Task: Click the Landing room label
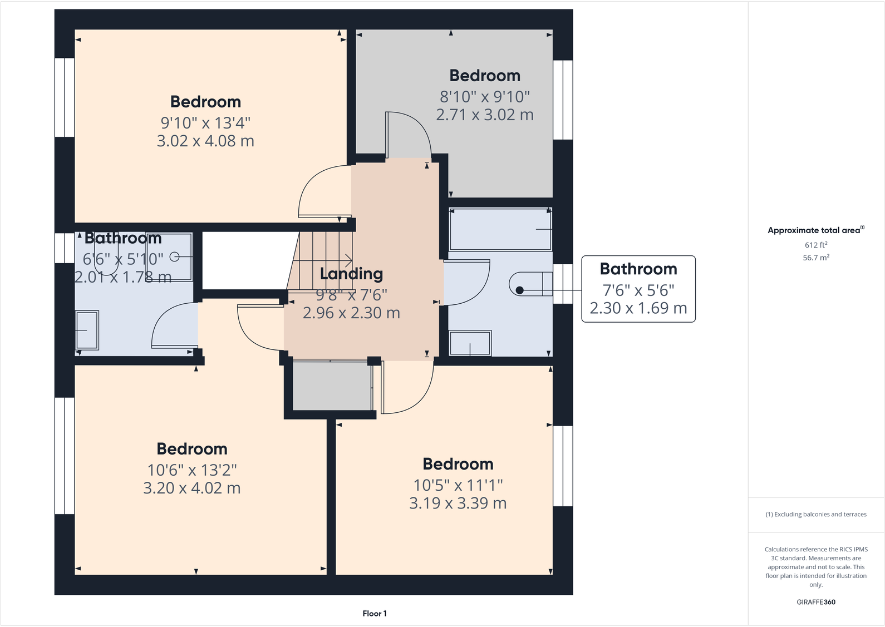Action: (351, 274)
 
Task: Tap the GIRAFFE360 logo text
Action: (815, 602)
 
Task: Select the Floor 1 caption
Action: (374, 614)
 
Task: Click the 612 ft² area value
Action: (815, 245)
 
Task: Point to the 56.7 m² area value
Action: (815, 258)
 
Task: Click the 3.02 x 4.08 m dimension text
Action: (205, 141)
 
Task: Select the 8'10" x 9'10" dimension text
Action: (484, 97)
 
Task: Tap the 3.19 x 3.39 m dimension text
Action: (458, 503)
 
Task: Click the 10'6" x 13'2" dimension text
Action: (191, 470)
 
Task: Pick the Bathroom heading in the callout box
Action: (638, 269)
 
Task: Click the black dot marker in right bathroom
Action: (519, 290)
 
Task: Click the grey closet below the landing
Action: (332, 386)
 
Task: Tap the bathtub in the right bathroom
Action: (500, 229)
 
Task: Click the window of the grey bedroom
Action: (563, 100)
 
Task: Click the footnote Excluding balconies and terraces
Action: (815, 515)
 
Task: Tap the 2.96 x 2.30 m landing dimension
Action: (351, 313)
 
